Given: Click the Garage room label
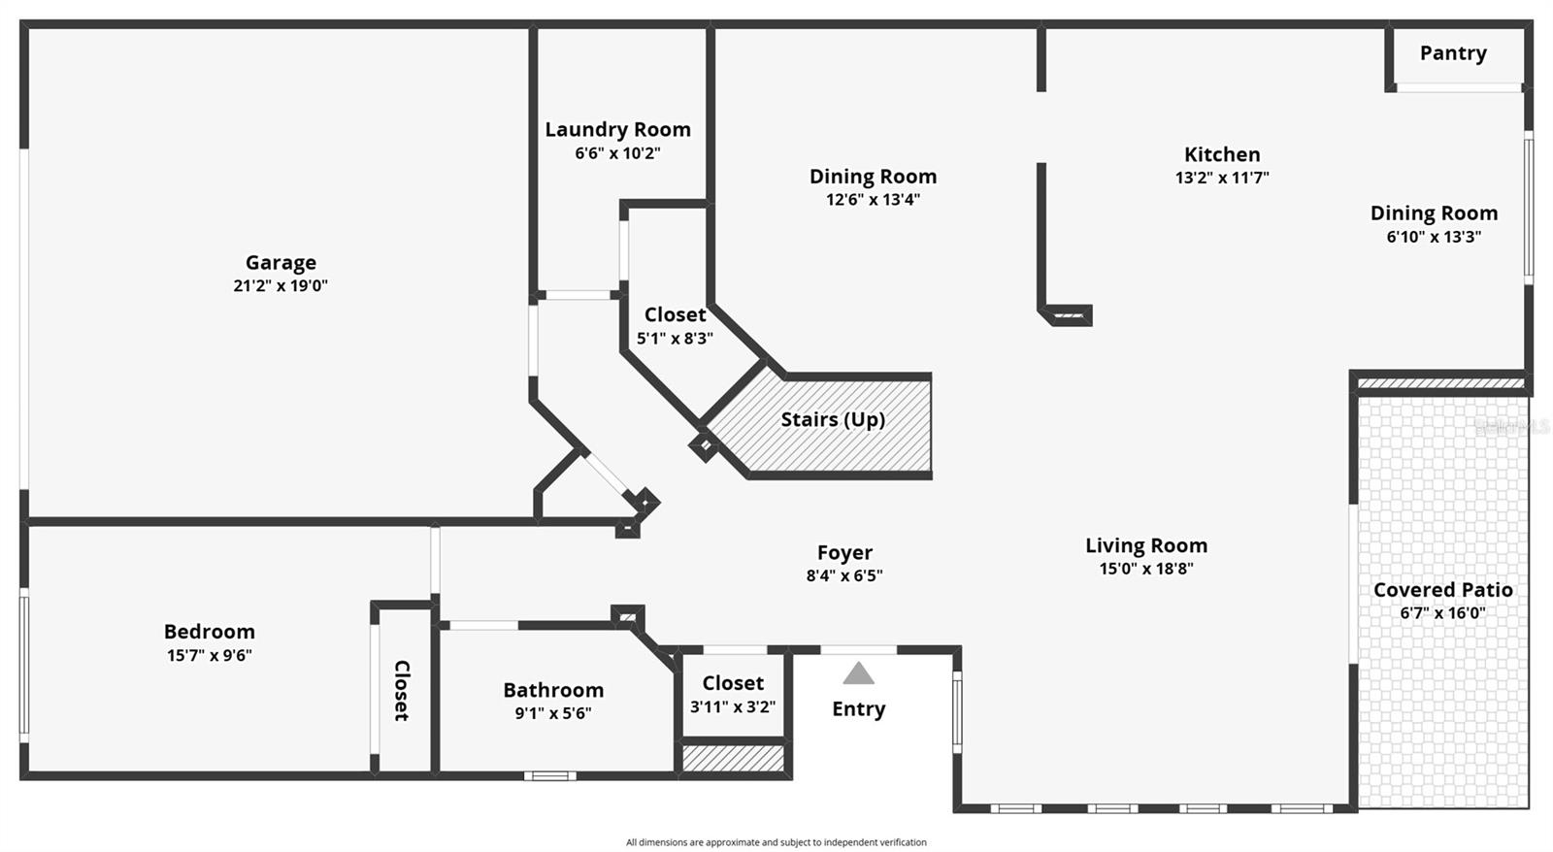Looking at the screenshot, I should (281, 262).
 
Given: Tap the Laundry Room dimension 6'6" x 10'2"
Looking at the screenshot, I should (617, 153).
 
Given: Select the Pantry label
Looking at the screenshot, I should (1452, 53).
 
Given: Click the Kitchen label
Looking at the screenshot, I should (1222, 154).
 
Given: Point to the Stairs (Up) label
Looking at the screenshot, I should (833, 419).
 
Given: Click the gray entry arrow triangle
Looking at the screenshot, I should (858, 673).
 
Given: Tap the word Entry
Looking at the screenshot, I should (858, 708).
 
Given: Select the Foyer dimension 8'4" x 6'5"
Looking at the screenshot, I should (844, 575).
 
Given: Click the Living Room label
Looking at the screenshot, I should (1146, 545).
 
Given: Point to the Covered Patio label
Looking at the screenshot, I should (1442, 590).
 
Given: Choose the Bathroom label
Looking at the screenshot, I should (553, 690).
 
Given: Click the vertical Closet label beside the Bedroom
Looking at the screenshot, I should (402, 690).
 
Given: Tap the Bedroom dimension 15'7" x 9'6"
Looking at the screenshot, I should (209, 655).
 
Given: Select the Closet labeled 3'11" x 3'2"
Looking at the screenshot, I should (733, 683).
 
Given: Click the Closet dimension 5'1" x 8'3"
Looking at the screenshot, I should (675, 339).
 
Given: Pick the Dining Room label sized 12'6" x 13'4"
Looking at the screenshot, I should (873, 177).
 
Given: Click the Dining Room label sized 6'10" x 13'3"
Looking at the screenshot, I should (1434, 213).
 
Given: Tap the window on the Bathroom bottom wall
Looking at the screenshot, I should (549, 775).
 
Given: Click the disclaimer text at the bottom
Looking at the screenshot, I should (776, 842).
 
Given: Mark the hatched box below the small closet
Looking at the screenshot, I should (733, 758).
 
